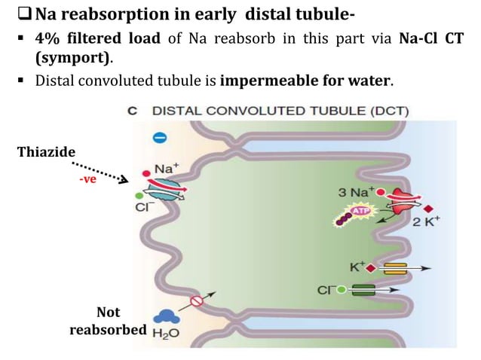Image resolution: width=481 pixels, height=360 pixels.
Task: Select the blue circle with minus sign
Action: [x=159, y=138]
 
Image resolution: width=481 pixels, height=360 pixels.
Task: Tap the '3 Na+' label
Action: [x=353, y=193]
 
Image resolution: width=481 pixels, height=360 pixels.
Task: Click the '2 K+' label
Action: [x=427, y=222]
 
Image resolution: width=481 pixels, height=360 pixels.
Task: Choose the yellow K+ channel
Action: [x=394, y=268]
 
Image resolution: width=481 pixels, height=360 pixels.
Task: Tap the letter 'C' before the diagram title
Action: [x=133, y=111]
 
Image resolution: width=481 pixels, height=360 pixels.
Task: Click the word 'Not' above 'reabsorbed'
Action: [x=108, y=312]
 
